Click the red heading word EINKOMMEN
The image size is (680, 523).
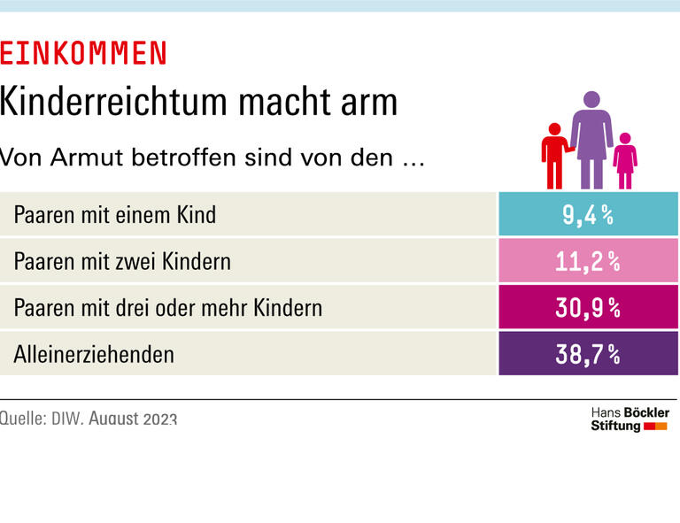[83, 54]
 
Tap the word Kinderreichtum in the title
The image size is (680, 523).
[100, 103]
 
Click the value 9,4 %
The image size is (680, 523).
[588, 214]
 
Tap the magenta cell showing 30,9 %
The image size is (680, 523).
[588, 307]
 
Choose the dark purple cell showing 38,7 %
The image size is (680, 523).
[588, 354]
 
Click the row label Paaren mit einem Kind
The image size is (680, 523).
[114, 215]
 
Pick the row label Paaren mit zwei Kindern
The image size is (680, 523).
[122, 261]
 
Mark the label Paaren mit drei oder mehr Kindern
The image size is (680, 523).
[167, 308]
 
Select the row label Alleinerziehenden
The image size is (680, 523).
[94, 355]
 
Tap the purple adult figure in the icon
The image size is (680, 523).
[591, 142]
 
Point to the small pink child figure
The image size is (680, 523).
[625, 161]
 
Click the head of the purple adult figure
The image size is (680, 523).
[591, 99]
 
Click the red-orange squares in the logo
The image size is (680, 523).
[655, 427]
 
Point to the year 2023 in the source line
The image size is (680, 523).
[159, 419]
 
